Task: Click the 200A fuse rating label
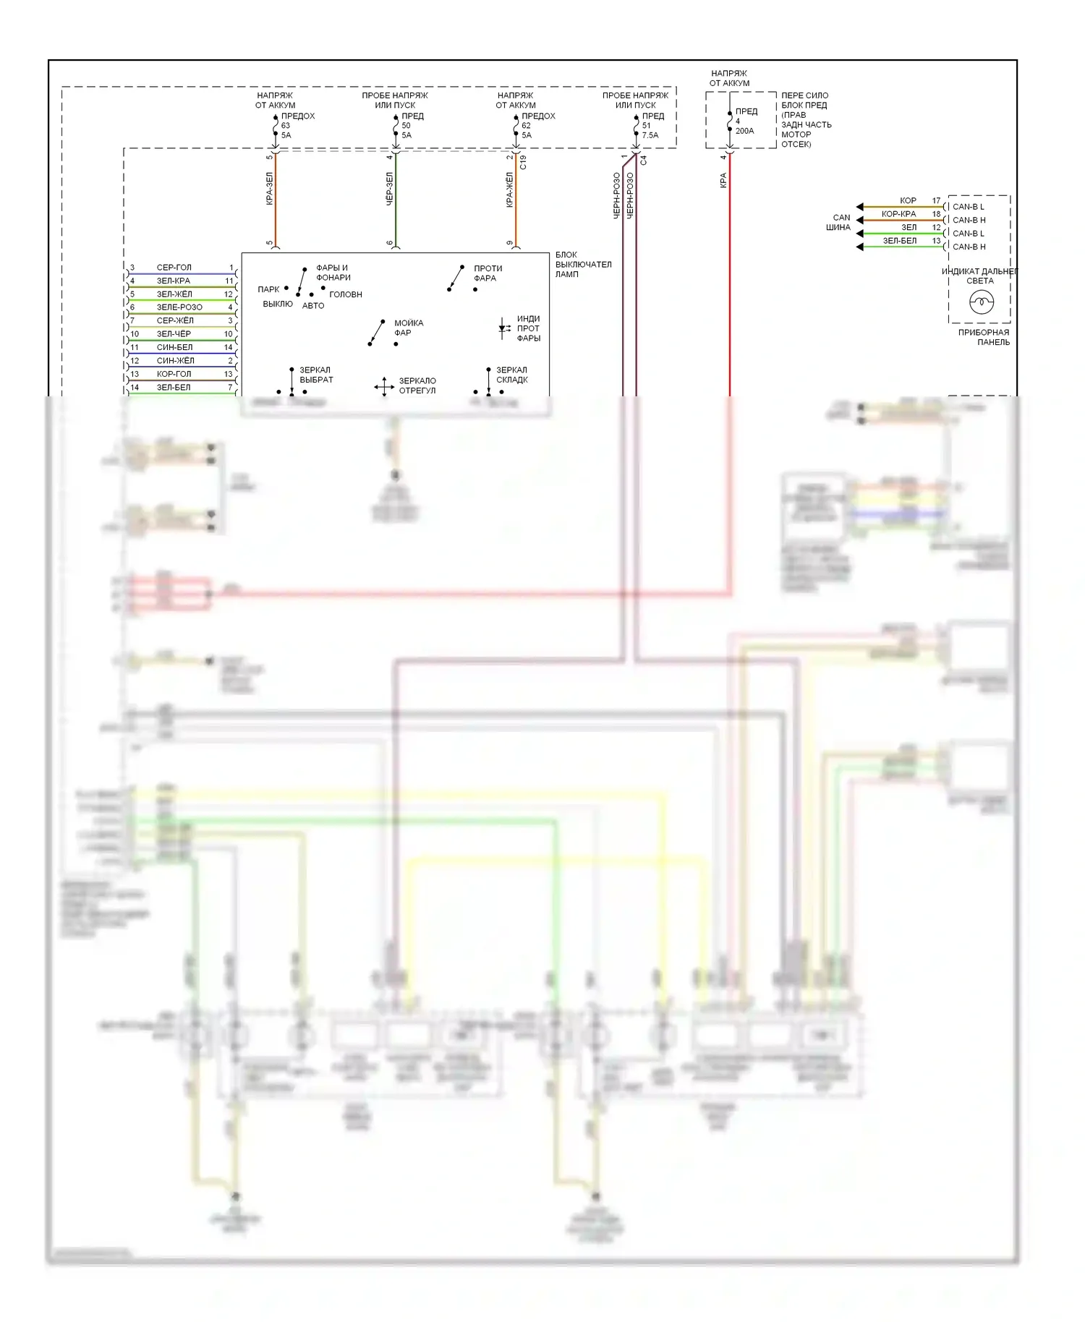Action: [x=744, y=131]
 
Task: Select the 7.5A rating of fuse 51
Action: [x=650, y=135]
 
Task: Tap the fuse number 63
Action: [x=286, y=125]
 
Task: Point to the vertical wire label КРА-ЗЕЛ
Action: [x=270, y=189]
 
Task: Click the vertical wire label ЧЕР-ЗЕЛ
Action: [x=390, y=189]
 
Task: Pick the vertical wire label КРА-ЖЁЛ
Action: [x=510, y=190]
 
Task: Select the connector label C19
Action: [x=523, y=162]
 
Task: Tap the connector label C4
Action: [x=643, y=160]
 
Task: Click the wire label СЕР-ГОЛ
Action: [x=174, y=268]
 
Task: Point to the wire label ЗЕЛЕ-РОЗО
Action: [x=179, y=307]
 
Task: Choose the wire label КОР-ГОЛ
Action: [x=174, y=374]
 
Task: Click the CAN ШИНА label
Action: [x=839, y=222]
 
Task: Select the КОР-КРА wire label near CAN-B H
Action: [x=898, y=214]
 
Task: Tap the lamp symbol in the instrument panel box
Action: [x=981, y=302]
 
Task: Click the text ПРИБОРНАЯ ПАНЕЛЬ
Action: [x=984, y=337]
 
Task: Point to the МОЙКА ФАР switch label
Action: [x=408, y=328]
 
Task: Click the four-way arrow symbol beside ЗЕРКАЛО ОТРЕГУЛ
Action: [x=384, y=386]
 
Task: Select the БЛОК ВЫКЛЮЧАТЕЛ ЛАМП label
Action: [x=583, y=264]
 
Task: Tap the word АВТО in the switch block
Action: [x=313, y=306]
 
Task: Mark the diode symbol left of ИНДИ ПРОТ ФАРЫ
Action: [x=503, y=328]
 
